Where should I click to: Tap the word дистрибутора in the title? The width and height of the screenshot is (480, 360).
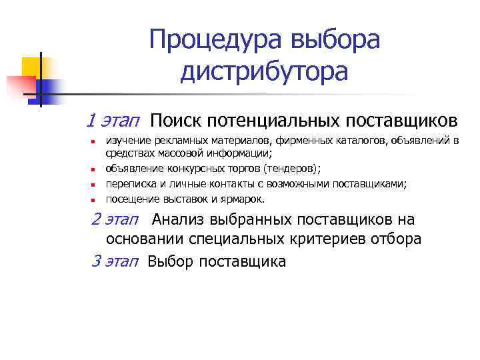click(263, 71)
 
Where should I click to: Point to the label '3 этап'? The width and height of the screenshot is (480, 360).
click(113, 261)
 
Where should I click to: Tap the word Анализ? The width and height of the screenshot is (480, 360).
click(178, 220)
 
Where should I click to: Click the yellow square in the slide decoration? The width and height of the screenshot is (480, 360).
click(31, 67)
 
